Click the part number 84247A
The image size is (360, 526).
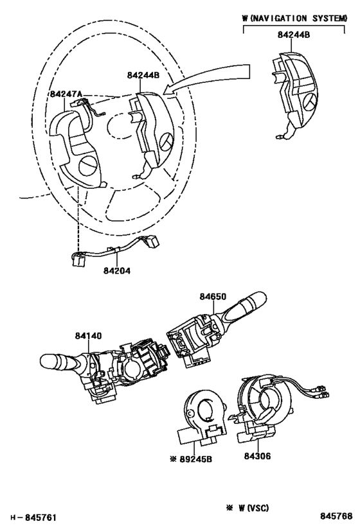[x=66, y=94]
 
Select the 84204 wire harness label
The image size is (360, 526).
[x=116, y=270]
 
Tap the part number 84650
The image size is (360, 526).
[x=213, y=297]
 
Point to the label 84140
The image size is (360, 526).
[x=88, y=335]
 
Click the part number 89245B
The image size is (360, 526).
[x=195, y=459]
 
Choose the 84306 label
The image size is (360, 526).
[x=257, y=456]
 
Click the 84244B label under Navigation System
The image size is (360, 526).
[x=294, y=35]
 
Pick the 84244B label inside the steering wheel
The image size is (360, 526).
[x=143, y=75]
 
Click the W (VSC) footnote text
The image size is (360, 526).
[x=253, y=508]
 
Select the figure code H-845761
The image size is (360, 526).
[x=33, y=517]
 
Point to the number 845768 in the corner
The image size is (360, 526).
[x=336, y=516]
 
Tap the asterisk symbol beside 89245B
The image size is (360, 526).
[x=174, y=459]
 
